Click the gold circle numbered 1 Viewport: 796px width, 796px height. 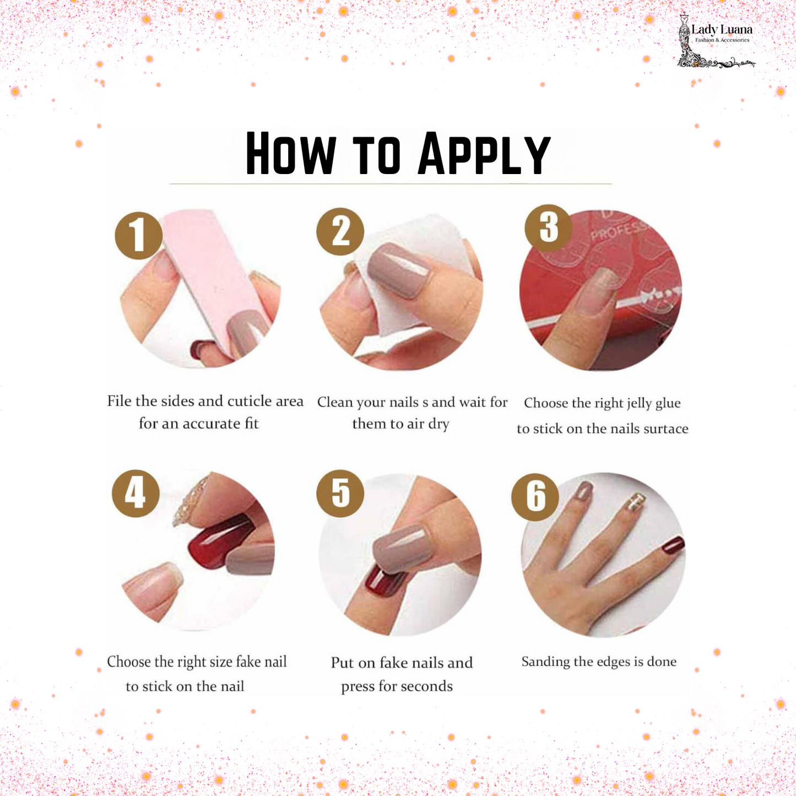[138, 235]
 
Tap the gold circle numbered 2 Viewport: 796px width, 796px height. [340, 231]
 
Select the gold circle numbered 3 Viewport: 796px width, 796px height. [548, 228]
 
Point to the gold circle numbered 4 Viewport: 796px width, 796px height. [136, 493]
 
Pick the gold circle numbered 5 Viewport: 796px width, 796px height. [340, 493]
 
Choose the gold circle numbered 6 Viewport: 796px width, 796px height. [535, 496]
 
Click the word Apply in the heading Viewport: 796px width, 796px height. [484, 154]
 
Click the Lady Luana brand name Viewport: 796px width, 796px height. [721, 30]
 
